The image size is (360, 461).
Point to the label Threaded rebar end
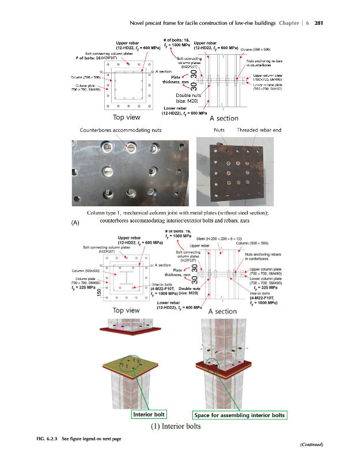259,130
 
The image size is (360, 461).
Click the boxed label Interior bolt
150,414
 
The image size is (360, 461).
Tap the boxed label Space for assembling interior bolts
239,414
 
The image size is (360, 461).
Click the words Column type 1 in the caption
109,213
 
